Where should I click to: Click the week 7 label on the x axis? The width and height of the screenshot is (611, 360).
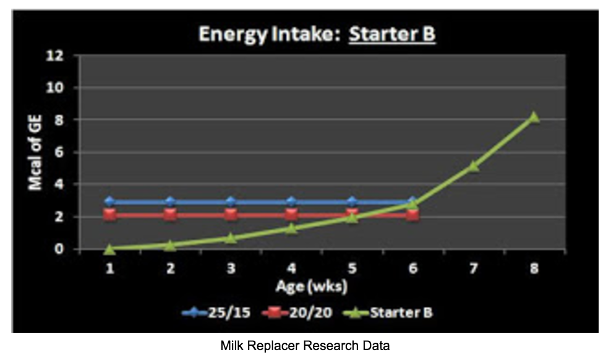click(x=473, y=269)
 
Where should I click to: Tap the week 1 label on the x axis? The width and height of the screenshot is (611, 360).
click(x=109, y=269)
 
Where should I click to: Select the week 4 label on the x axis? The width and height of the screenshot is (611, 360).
click(x=291, y=269)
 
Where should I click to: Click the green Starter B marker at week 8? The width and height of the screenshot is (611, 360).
click(x=534, y=117)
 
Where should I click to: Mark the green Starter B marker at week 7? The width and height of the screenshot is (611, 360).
click(x=473, y=166)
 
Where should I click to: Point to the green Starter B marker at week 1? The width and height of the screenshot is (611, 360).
click(x=109, y=249)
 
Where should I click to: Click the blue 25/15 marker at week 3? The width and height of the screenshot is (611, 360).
click(x=231, y=202)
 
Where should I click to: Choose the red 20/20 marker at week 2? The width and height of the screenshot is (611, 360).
click(x=170, y=215)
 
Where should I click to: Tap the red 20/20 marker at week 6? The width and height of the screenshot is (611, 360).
click(x=412, y=215)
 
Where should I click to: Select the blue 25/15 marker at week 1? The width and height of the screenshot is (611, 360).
click(x=109, y=202)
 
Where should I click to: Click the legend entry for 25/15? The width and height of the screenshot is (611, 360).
click(x=218, y=312)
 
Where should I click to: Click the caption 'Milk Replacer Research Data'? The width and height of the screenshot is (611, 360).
click(x=305, y=346)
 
